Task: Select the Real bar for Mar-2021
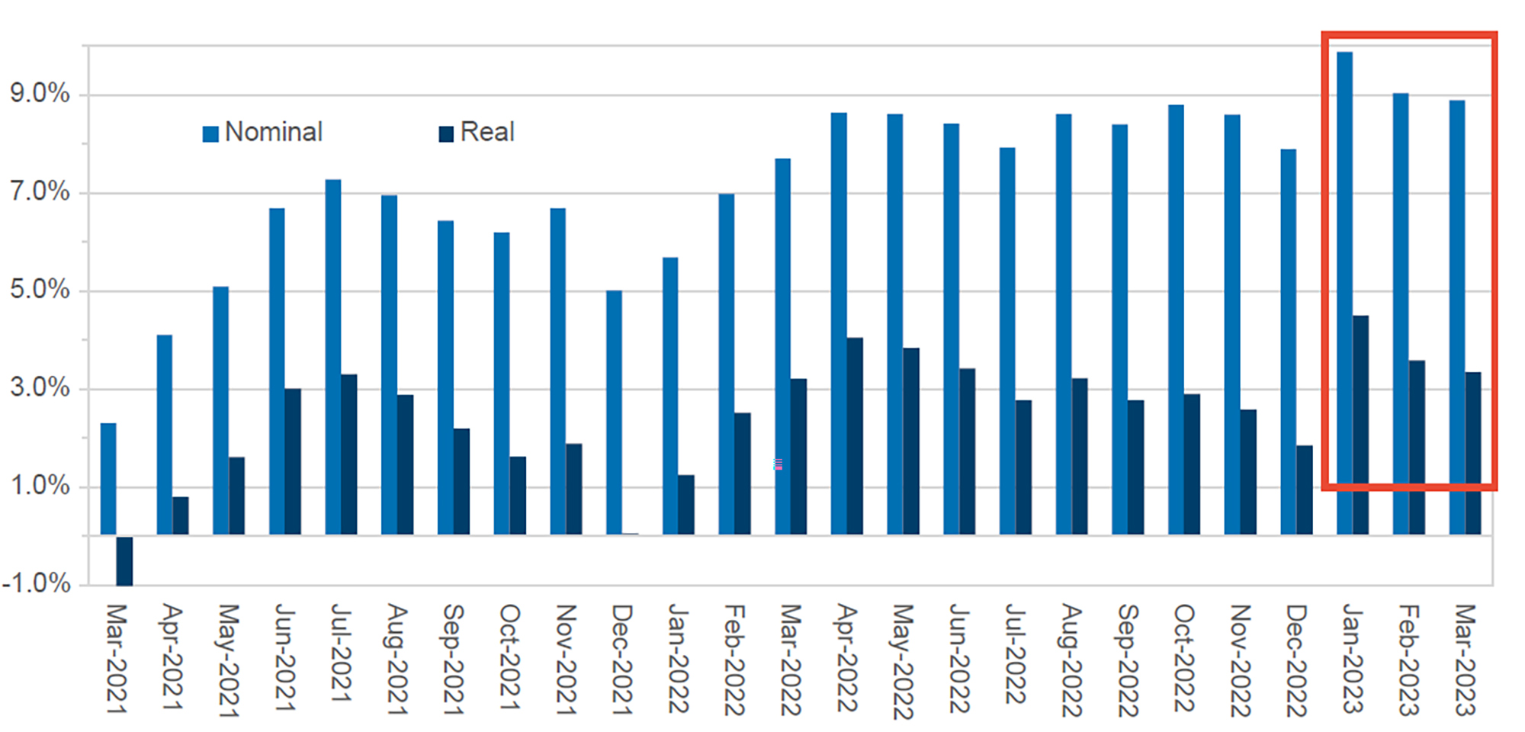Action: (x=124, y=561)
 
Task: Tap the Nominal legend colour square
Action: (x=210, y=133)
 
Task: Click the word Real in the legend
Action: (x=487, y=132)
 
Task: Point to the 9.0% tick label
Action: (x=40, y=94)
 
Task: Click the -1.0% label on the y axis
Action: (x=37, y=584)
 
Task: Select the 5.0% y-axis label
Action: (x=40, y=290)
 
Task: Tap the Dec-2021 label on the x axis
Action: (x=623, y=659)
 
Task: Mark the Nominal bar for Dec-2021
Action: (x=614, y=413)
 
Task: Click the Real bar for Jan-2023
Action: (x=1360, y=425)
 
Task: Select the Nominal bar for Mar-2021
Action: (x=108, y=479)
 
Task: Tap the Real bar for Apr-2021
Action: (x=181, y=515)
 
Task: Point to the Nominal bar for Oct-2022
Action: (x=1176, y=319)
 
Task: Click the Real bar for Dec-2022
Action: (x=1305, y=490)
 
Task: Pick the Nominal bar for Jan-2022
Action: (x=670, y=396)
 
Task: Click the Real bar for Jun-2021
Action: (x=293, y=461)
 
